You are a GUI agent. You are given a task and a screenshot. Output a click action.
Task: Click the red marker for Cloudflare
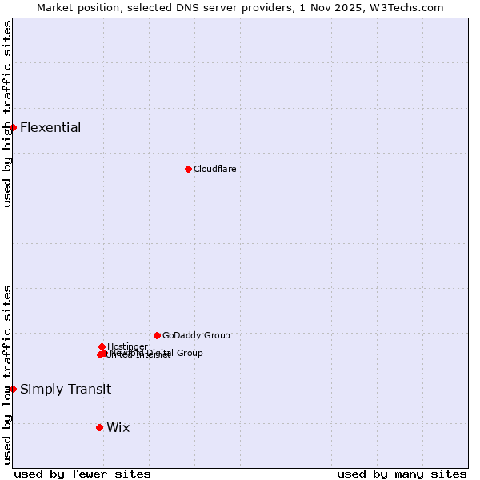click(x=188, y=169)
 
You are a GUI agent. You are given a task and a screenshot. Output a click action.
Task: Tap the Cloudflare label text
click(x=215, y=169)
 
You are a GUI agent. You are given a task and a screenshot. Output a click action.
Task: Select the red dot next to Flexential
click(x=13, y=127)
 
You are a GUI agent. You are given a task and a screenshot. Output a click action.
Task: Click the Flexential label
click(x=50, y=127)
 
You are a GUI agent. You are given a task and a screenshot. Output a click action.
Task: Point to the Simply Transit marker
click(x=13, y=389)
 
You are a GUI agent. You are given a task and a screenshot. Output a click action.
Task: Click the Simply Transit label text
click(x=66, y=390)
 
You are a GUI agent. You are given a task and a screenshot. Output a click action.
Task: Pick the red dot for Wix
click(x=99, y=427)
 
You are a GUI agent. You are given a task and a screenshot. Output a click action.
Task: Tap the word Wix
click(x=118, y=427)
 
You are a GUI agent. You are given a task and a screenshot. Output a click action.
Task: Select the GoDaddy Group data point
click(x=157, y=335)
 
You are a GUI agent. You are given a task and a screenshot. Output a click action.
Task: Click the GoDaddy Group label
click(x=196, y=335)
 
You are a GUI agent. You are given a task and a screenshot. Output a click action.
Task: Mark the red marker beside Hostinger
click(x=102, y=346)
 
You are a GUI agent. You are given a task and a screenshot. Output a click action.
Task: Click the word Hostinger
click(x=127, y=346)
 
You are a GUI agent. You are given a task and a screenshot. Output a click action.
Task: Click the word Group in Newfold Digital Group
click(x=189, y=353)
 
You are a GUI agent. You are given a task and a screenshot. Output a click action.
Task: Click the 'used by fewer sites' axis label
click(x=82, y=474)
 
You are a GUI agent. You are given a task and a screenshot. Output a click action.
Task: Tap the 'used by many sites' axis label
click(x=402, y=474)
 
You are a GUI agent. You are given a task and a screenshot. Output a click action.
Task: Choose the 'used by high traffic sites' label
click(x=7, y=114)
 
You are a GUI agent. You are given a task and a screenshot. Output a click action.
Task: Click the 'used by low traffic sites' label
click(x=7, y=374)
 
